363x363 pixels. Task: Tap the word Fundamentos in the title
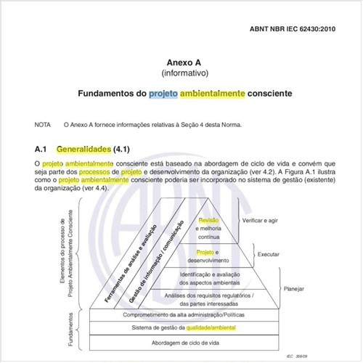coord(110,94)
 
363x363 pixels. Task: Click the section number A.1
coord(41,149)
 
